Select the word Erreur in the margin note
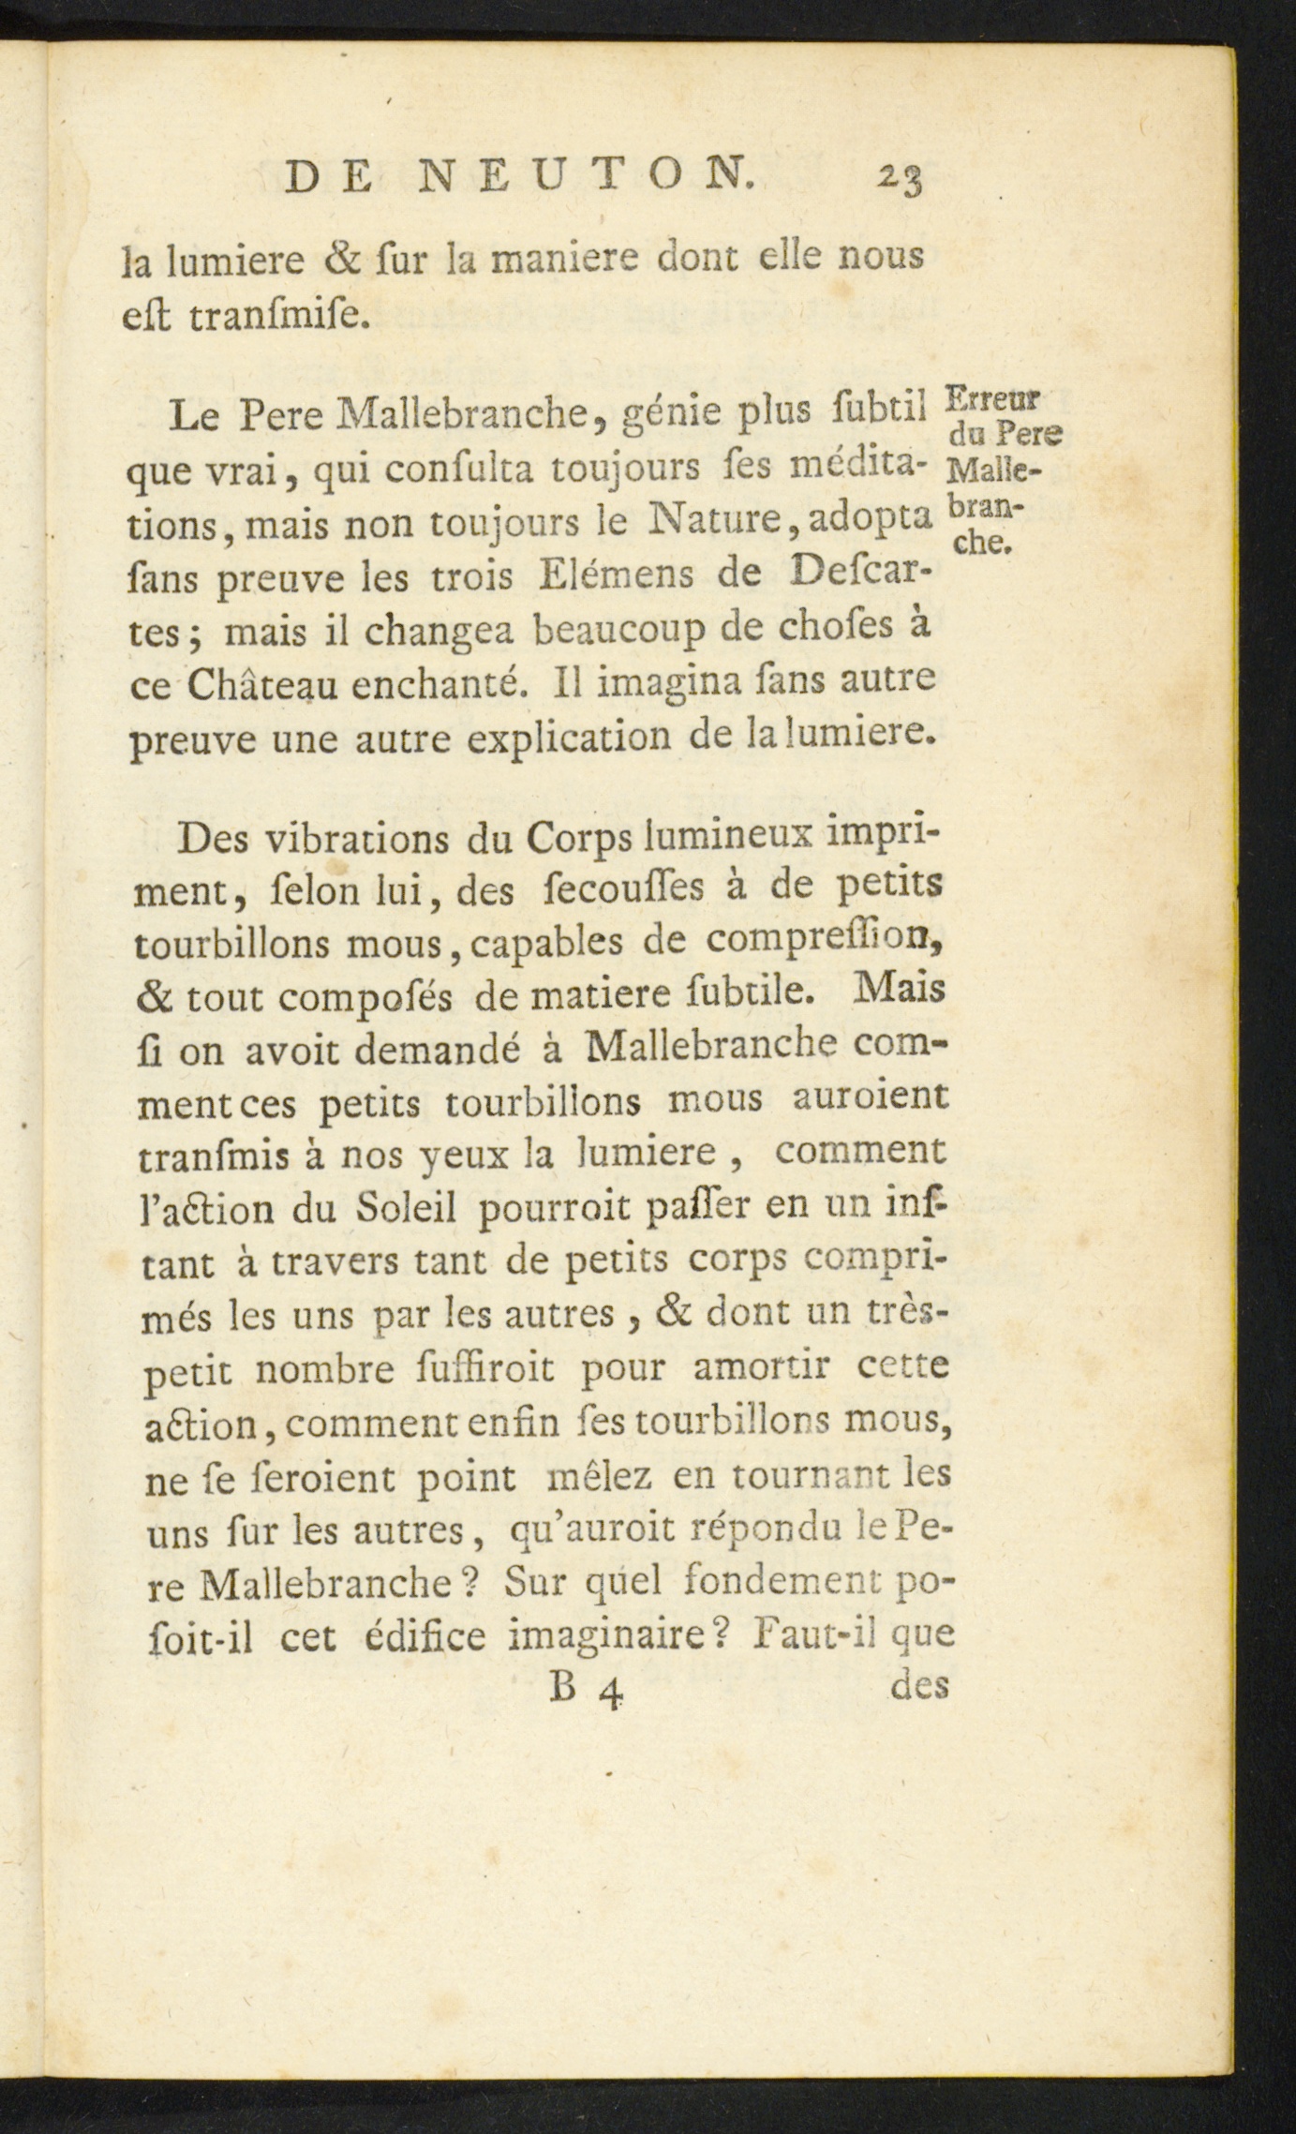coord(992,401)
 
